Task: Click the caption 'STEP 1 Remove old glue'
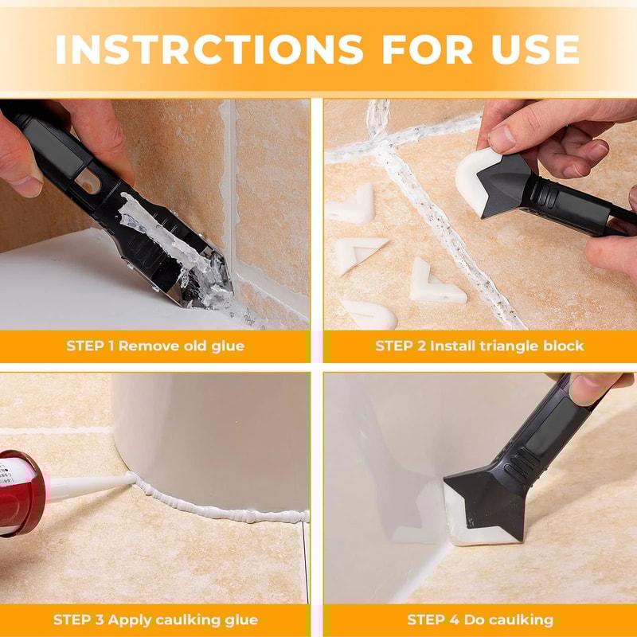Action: [x=155, y=346]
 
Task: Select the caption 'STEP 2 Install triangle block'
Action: [x=479, y=346]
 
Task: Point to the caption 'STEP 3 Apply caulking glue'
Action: [x=155, y=619]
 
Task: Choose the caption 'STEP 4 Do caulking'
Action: [x=479, y=619]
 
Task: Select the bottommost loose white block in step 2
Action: [x=370, y=314]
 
